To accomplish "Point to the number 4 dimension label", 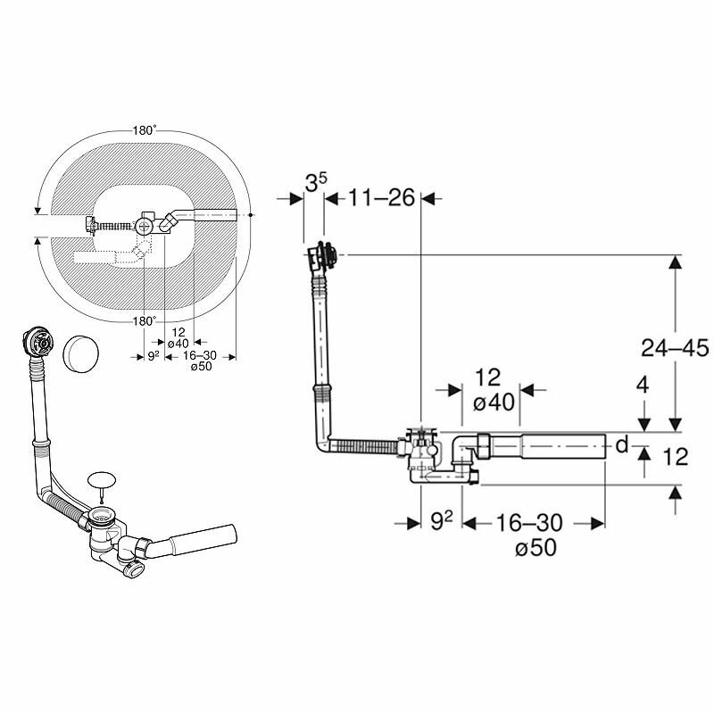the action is point(642,386).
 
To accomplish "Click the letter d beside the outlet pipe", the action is point(622,444).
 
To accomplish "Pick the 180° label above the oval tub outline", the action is point(143,130).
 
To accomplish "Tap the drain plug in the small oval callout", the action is point(104,479).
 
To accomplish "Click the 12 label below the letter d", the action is point(677,457).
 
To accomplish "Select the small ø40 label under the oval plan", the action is point(178,344).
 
